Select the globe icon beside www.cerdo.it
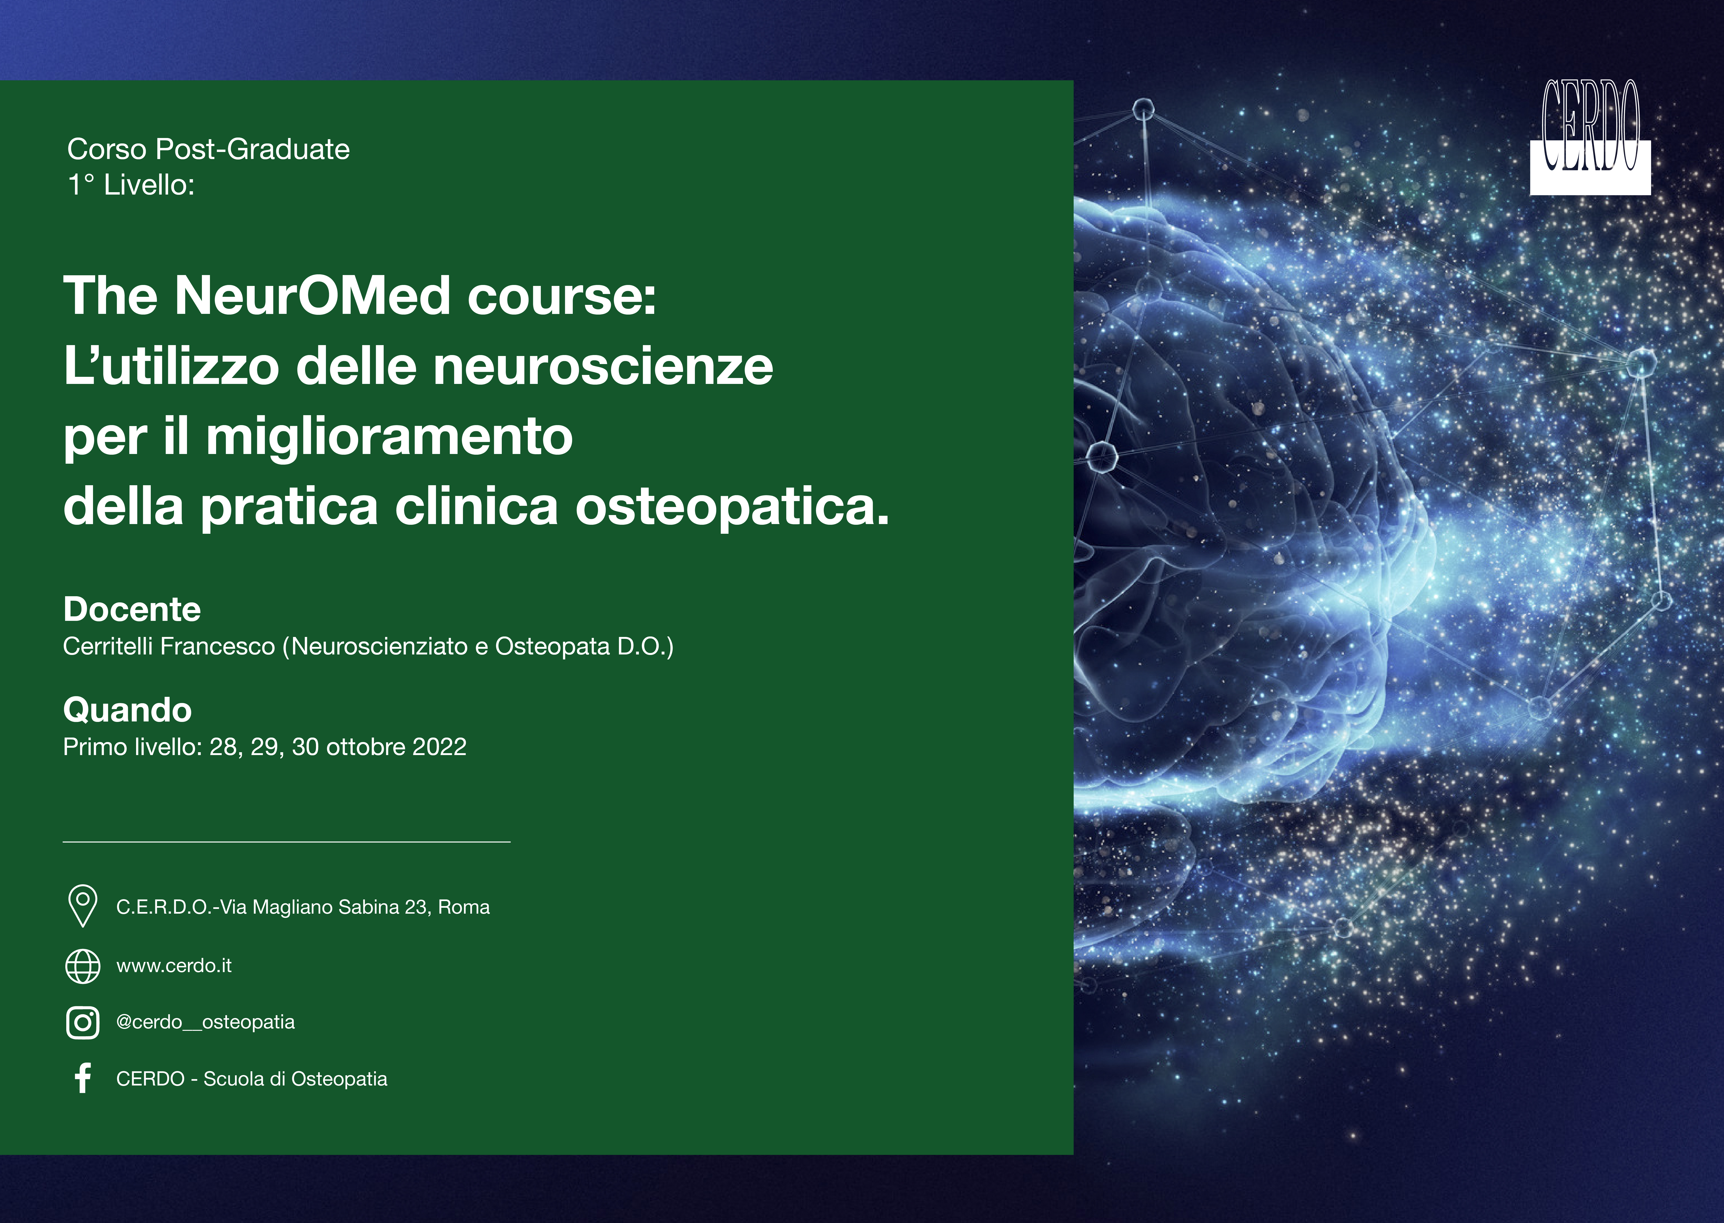(83, 966)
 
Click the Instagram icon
(83, 1023)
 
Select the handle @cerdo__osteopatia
(205, 1022)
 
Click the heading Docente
(132, 609)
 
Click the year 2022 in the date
(440, 747)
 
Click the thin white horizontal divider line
(287, 841)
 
